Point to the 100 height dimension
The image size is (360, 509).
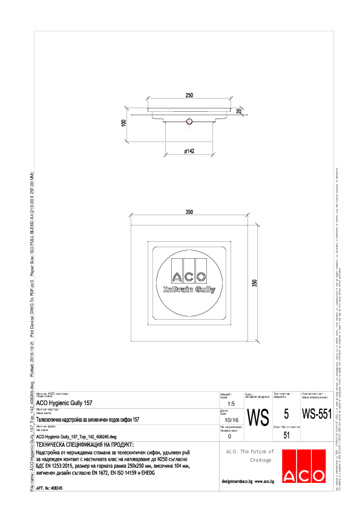pyautogui.click(x=123, y=123)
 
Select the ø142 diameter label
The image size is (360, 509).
pyautogui.click(x=189, y=151)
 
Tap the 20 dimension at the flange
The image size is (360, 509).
pyautogui.click(x=239, y=111)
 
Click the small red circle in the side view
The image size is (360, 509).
pyautogui.click(x=189, y=122)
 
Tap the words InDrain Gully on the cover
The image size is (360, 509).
pyautogui.click(x=189, y=290)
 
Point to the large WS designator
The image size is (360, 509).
pyautogui.click(x=258, y=417)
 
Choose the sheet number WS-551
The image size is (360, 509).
pyautogui.click(x=316, y=415)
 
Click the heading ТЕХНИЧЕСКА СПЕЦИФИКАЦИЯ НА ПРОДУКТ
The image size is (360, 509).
pyautogui.click(x=80, y=444)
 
